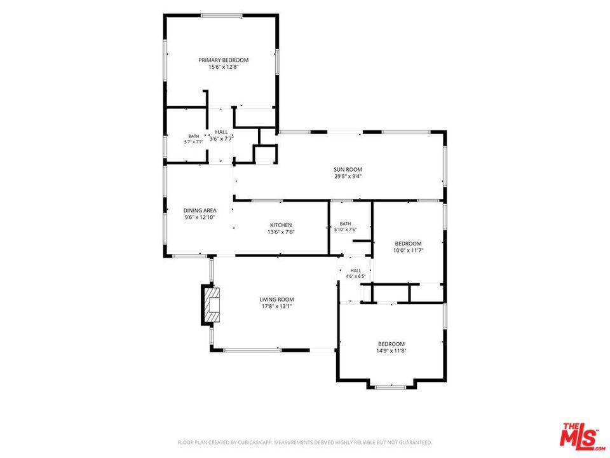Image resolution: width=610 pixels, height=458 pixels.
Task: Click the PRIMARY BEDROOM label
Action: pyautogui.click(x=223, y=60)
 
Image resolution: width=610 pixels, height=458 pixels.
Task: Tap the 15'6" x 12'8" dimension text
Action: pyautogui.click(x=223, y=67)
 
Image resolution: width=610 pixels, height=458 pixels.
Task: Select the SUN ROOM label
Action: pyautogui.click(x=348, y=169)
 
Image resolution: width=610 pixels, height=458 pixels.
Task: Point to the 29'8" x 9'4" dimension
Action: pyautogui.click(x=348, y=176)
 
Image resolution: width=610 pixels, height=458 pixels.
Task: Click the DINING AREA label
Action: pyautogui.click(x=200, y=211)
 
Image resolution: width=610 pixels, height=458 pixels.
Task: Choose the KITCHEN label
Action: pyautogui.click(x=281, y=225)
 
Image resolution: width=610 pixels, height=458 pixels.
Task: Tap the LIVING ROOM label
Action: pyautogui.click(x=276, y=300)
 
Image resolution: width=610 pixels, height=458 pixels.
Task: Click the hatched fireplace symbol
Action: pyautogui.click(x=212, y=305)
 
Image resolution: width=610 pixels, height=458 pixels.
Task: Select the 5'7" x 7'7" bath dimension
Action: pyautogui.click(x=194, y=142)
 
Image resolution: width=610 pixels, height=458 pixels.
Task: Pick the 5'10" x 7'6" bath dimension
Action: pyautogui.click(x=346, y=230)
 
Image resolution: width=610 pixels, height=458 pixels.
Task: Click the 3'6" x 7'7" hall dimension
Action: pyautogui.click(x=221, y=139)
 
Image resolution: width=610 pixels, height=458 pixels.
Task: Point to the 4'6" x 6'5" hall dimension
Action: pyautogui.click(x=356, y=276)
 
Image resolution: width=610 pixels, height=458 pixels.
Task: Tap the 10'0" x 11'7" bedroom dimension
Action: pyautogui.click(x=408, y=251)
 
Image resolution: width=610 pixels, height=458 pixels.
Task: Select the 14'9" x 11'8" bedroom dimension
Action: pyautogui.click(x=391, y=351)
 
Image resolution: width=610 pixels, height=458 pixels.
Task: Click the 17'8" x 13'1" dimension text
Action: pyautogui.click(x=276, y=307)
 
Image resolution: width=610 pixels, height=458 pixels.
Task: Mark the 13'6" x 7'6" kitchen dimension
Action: pyautogui.click(x=281, y=232)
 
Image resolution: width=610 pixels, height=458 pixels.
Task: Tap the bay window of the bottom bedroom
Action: pyautogui.click(x=391, y=387)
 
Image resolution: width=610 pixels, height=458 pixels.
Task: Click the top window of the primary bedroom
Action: pyautogui.click(x=221, y=16)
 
